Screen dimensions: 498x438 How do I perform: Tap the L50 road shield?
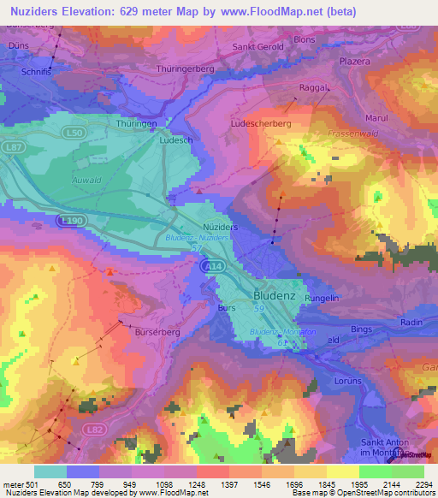(75, 134)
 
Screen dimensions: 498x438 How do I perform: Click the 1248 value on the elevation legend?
(209, 484)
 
